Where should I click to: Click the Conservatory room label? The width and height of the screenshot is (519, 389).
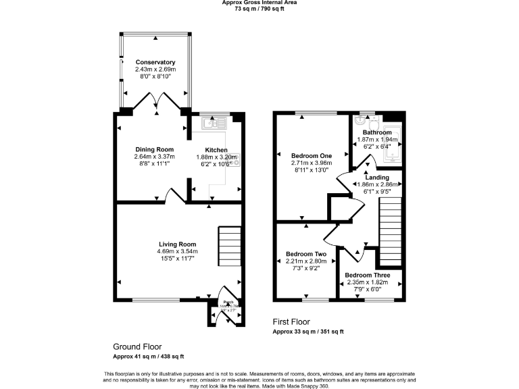155,62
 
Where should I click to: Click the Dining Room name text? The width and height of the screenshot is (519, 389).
154,149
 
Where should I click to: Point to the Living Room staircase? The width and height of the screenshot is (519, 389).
229,247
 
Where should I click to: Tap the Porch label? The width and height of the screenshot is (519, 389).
228,303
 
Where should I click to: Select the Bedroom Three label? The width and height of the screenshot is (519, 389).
368,275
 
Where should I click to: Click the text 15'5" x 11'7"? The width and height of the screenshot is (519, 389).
177,259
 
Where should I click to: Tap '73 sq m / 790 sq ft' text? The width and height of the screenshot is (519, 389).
259,9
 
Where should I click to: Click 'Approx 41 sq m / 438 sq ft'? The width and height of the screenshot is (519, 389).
148,356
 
